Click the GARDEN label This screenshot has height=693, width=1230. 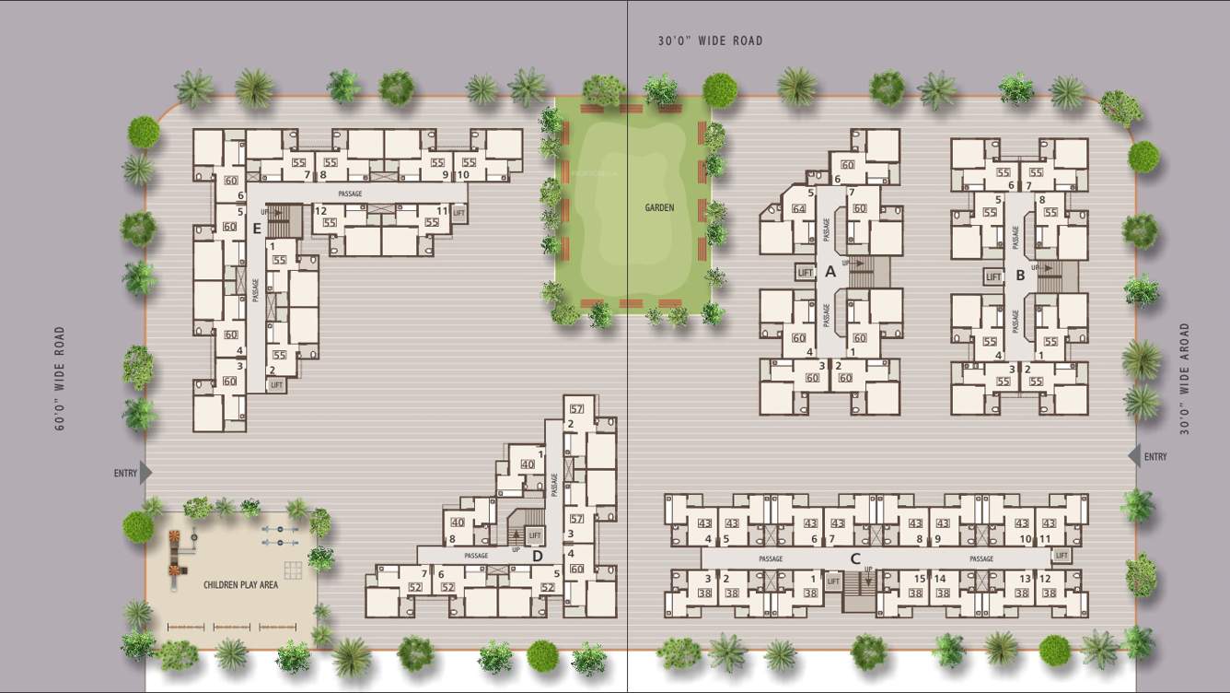click(659, 208)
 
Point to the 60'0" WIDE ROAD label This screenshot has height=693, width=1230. click(60, 378)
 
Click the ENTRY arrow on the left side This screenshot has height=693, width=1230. click(145, 473)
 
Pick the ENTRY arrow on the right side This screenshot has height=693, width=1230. click(1134, 456)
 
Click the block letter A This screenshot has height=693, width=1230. click(830, 272)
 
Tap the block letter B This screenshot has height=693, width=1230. click(1020, 275)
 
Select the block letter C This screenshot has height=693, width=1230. click(855, 558)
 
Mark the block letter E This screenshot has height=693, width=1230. click(258, 229)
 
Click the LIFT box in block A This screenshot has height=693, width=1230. click(806, 273)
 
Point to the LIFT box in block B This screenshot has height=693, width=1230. click(993, 276)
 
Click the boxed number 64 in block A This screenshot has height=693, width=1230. click(798, 209)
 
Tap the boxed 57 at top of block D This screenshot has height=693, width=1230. click(577, 409)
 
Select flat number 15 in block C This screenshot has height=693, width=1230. click(918, 579)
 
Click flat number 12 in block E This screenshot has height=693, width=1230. click(321, 211)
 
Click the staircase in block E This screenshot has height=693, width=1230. click(289, 220)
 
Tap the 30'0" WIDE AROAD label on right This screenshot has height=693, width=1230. click(1186, 378)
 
